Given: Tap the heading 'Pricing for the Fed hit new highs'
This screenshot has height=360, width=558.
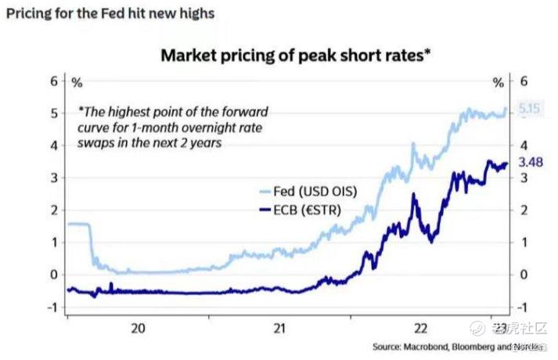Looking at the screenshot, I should click(x=110, y=13).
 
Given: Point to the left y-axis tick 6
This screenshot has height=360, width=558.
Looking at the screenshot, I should click(x=55, y=81).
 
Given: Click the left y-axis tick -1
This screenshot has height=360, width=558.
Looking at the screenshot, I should click(x=52, y=307).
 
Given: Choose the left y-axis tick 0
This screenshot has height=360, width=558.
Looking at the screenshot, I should click(x=55, y=275).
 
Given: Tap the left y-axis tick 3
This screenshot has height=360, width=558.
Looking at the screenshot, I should click(x=55, y=178).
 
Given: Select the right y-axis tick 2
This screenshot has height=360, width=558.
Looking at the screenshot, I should click(x=524, y=211).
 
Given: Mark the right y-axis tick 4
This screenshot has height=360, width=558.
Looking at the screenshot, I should click(x=524, y=146).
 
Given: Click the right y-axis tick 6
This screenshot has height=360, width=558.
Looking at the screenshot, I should click(x=524, y=81).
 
